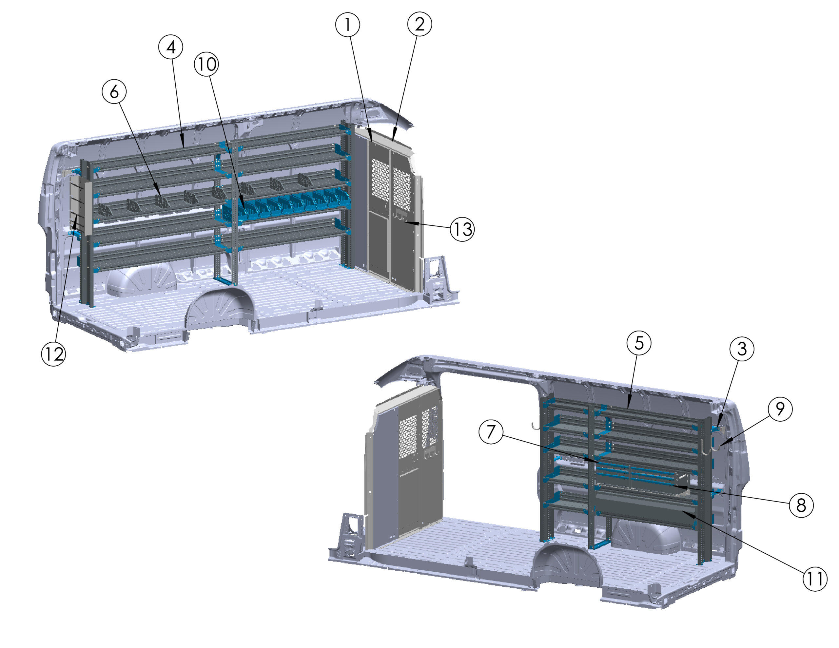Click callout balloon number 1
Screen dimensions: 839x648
[348, 25]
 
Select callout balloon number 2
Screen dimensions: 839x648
[419, 24]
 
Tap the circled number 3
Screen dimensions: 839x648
[742, 349]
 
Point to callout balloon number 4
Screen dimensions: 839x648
[170, 47]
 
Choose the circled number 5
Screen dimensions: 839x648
[639, 343]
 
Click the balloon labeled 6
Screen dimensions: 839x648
[114, 91]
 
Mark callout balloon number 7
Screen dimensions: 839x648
[491, 432]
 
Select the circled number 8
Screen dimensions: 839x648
[801, 505]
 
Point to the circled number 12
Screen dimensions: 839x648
[53, 354]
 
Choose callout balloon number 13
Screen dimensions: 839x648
[462, 229]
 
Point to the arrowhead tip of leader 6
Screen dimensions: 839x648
[161, 196]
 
